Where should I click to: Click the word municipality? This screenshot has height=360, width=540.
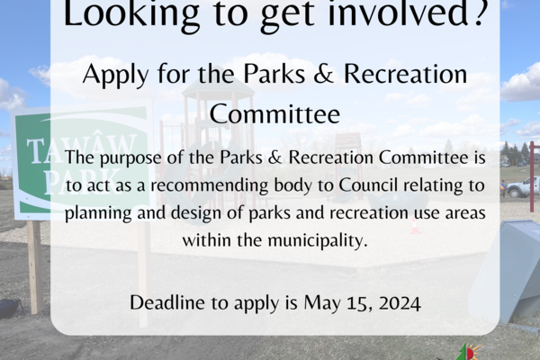(318, 240)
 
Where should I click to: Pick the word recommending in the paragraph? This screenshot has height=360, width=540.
(210, 185)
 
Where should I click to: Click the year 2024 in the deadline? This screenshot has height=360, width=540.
(400, 303)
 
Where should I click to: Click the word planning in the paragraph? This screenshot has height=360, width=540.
(98, 213)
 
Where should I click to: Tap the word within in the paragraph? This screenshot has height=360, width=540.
(207, 240)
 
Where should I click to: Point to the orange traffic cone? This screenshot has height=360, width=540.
(416, 225)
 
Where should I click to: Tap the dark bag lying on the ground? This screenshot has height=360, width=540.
(10, 308)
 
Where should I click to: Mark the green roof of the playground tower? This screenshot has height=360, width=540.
(219, 89)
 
